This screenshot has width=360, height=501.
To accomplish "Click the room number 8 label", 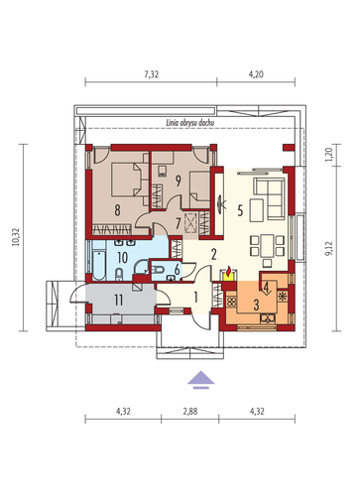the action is (x=117, y=210).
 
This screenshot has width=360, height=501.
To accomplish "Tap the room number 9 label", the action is (x=179, y=181).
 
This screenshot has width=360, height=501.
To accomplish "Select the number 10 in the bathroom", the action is (x=123, y=258).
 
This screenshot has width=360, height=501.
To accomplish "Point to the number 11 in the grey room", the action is (x=118, y=300).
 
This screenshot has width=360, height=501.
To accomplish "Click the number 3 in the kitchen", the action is (x=256, y=305).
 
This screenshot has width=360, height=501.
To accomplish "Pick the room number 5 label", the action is (x=240, y=210).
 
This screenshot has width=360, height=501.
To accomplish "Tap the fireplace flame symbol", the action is (x=228, y=271).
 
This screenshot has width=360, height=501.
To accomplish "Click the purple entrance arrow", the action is (x=201, y=380).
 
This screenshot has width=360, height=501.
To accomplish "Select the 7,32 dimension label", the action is (x=152, y=74).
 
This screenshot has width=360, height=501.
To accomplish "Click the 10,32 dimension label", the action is (x=16, y=237).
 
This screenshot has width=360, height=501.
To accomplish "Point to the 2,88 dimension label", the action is (x=190, y=412).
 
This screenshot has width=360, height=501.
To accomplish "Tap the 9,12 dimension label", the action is (x=329, y=248).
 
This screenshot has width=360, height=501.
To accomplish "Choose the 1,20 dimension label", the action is (x=329, y=155).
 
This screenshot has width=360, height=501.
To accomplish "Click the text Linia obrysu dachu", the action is (x=190, y=123).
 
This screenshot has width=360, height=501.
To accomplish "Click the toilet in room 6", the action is (x=158, y=270).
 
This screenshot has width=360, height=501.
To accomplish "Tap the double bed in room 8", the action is (x=126, y=180).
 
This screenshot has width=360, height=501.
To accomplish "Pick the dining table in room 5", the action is (x=267, y=246).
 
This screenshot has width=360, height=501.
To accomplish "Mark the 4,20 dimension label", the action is (x=256, y=74).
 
